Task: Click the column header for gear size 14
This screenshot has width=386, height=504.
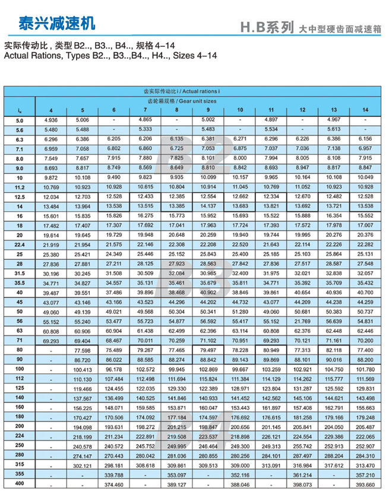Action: [365, 110]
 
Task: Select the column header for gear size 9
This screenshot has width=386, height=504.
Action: [208, 110]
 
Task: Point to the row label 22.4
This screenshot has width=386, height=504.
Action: [19, 245]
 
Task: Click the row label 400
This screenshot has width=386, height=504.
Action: [19, 485]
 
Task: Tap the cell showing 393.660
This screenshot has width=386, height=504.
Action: [365, 485]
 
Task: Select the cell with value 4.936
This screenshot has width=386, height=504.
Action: [50, 120]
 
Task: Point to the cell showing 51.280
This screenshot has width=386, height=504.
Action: [240, 312]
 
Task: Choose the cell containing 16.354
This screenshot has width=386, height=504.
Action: [334, 215]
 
